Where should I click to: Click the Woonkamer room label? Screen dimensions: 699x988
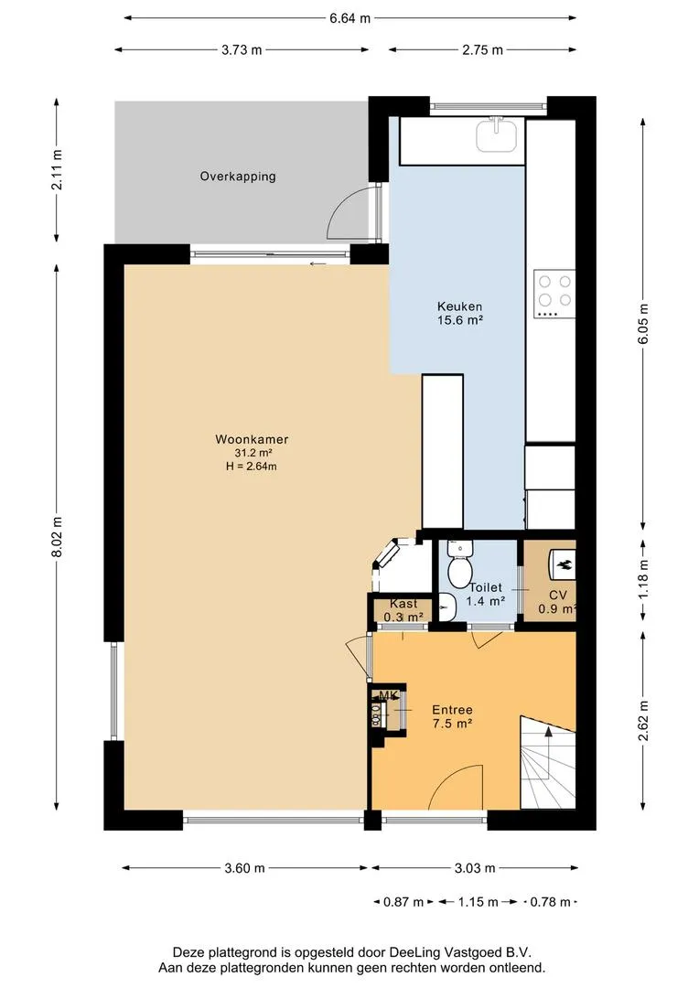point(252,439)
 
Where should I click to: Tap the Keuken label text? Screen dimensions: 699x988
point(459,306)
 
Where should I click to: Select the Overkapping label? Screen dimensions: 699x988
point(238,177)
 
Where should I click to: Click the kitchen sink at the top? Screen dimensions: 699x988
point(496,135)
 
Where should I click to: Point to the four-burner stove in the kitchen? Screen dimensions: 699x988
point(554,293)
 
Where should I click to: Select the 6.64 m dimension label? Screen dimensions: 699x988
point(349,18)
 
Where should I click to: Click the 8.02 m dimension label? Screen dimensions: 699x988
point(57,536)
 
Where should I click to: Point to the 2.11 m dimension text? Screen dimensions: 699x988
point(57,170)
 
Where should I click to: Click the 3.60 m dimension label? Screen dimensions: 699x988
point(244,868)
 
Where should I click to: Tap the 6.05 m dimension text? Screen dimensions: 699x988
point(643,324)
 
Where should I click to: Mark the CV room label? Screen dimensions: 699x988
point(558,595)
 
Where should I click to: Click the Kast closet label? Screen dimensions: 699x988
point(403,604)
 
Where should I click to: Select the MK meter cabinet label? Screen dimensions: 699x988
point(388,695)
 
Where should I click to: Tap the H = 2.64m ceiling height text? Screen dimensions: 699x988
point(252,467)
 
